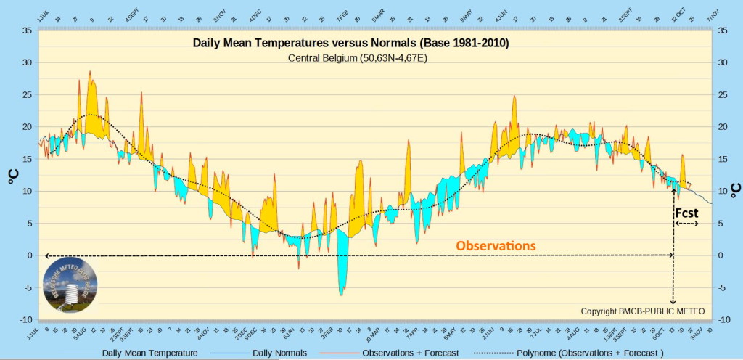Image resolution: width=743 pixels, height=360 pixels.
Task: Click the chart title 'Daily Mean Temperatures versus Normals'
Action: click(x=350, y=44)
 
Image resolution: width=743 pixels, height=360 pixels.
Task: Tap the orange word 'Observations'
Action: click(x=496, y=246)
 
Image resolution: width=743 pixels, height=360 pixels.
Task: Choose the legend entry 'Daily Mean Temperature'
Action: click(x=149, y=353)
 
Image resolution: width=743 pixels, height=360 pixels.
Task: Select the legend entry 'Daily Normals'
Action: click(x=279, y=353)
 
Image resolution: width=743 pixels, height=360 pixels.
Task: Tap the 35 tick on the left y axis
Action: click(x=26, y=30)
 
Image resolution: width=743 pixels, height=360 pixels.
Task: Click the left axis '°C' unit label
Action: click(x=13, y=176)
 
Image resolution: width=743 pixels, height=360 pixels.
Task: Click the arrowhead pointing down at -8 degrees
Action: click(x=673, y=301)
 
